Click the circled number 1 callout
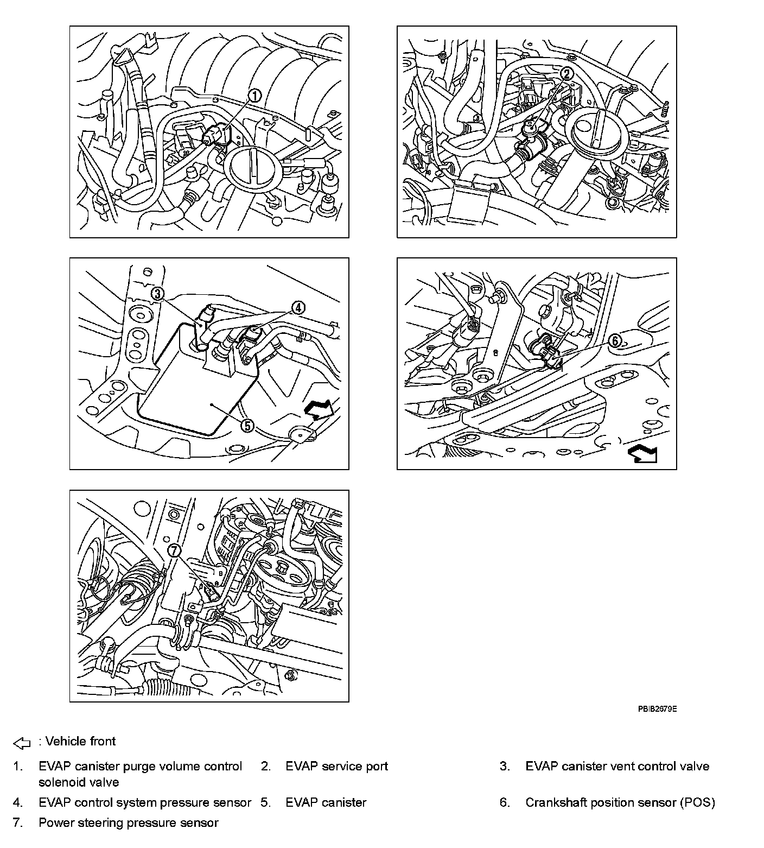tap(254, 96)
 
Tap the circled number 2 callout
tap(566, 73)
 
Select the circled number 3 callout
tap(157, 294)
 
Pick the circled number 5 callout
tap(247, 425)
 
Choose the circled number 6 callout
tap(615, 340)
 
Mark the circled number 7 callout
tap(174, 550)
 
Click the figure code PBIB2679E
tap(657, 709)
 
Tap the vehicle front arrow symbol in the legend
tap(22, 742)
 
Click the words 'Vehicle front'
tap(80, 742)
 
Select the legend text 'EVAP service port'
tap(336, 767)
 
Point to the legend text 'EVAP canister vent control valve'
tap(617, 767)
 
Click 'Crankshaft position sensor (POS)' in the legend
tap(620, 802)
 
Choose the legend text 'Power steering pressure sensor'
tap(128, 822)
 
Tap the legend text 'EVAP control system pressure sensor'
tap(145, 802)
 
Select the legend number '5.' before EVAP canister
tap(265, 802)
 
